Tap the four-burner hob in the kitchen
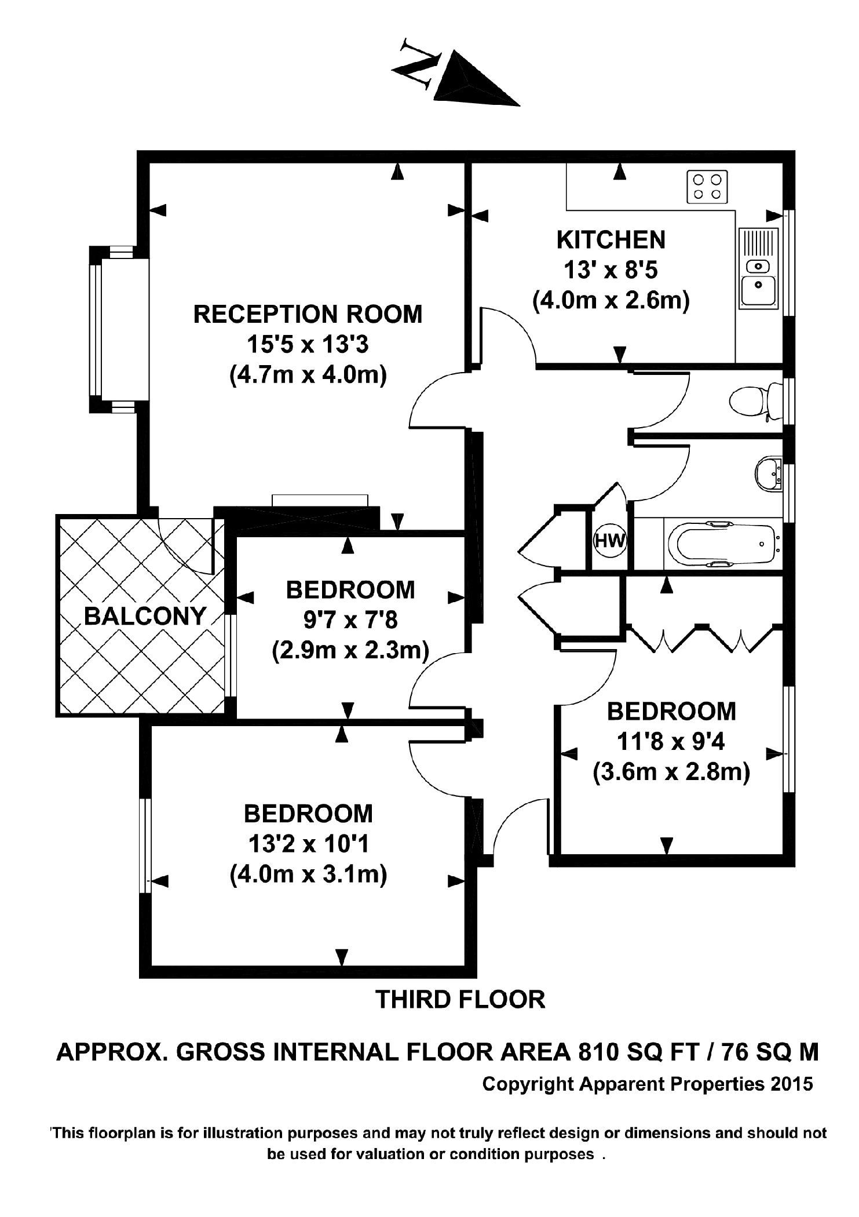point(707,187)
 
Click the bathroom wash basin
point(769,473)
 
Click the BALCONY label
point(145,616)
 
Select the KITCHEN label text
point(611,240)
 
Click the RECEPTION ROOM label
point(308,314)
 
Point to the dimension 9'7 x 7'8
point(350,621)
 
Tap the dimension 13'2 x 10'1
point(308,844)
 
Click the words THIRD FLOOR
point(460,1000)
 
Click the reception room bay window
point(96,329)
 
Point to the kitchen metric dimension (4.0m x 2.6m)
point(611,300)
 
